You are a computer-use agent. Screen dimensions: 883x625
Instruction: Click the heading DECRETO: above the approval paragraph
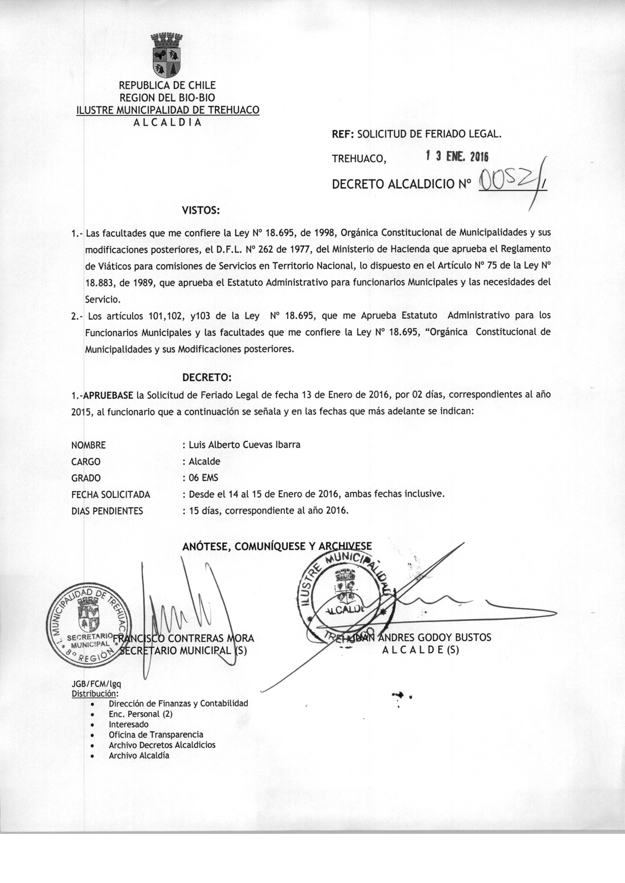pyautogui.click(x=207, y=377)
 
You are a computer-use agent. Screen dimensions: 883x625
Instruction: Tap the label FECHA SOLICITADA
pyautogui.click(x=111, y=494)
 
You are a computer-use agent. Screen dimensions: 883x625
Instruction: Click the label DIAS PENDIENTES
pyautogui.click(x=107, y=511)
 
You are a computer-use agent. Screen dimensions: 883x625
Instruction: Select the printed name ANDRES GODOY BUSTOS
pyautogui.click(x=435, y=638)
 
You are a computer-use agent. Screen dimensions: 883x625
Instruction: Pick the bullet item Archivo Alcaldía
pyautogui.click(x=139, y=755)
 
